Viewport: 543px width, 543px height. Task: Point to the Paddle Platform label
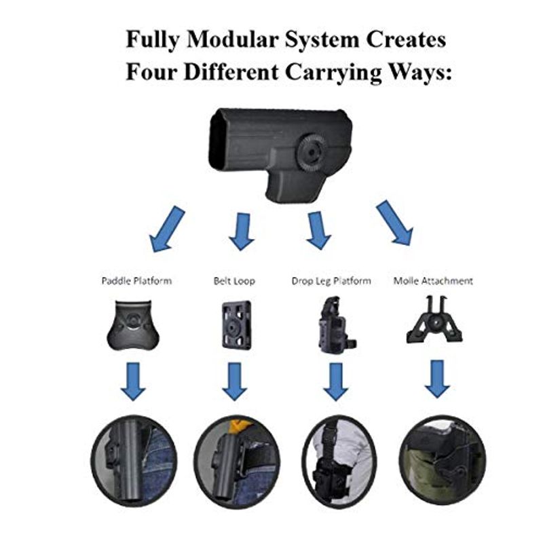click(136, 280)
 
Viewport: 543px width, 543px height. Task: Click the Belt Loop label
click(234, 280)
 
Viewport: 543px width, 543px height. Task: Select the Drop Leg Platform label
click(331, 280)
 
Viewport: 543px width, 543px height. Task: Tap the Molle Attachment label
click(433, 280)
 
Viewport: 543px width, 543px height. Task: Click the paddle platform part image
click(132, 325)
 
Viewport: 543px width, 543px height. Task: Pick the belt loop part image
click(236, 324)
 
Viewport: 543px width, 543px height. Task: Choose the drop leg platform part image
click(335, 324)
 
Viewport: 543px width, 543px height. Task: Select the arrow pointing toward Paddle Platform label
click(166, 229)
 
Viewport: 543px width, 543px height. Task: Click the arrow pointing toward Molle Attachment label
click(395, 223)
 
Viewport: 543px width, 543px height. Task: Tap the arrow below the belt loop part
click(234, 381)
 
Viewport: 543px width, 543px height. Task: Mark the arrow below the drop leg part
click(335, 381)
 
